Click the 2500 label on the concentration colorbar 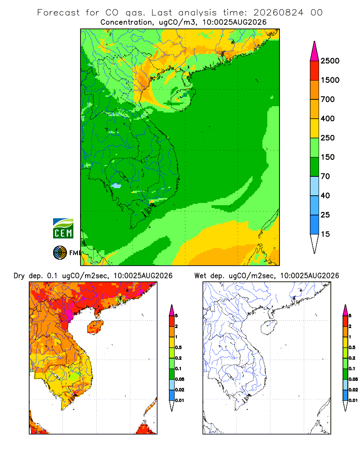330,61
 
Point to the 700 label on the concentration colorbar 328,99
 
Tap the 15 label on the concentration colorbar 325,234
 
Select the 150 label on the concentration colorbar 328,157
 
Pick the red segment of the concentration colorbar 315,71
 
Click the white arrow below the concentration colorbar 315,243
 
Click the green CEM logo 63,229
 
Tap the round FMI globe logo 60,253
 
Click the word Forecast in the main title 58,13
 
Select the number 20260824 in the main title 278,13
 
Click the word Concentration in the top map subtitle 126,22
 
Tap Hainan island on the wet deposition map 269,327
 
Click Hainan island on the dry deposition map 95,327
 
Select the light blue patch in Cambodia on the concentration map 116,186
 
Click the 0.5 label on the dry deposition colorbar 178,347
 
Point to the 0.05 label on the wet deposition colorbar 353,379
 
